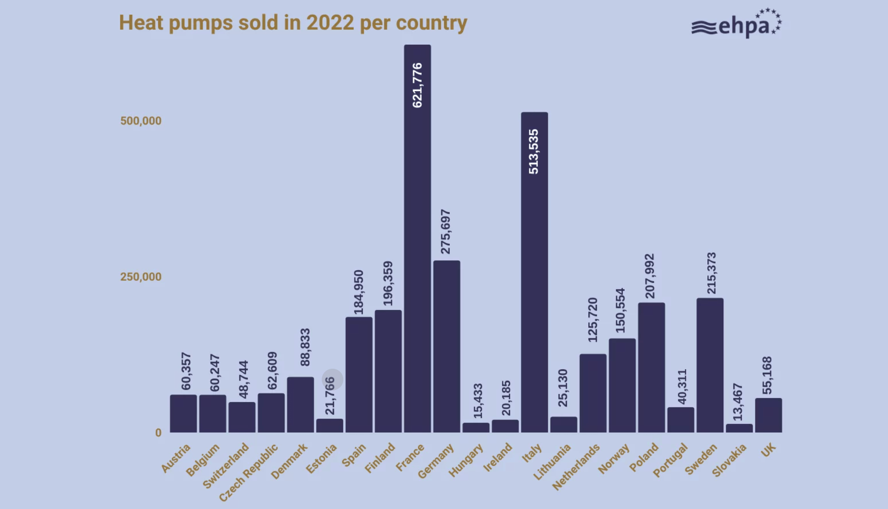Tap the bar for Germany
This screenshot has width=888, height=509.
(x=446, y=346)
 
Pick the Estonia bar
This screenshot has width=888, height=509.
(x=329, y=426)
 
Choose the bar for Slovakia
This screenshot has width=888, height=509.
(x=739, y=428)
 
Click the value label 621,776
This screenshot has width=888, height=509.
(x=417, y=85)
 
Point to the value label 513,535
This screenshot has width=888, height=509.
(x=533, y=152)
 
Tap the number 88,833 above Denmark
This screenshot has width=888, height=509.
(x=305, y=347)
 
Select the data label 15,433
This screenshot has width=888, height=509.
(x=478, y=401)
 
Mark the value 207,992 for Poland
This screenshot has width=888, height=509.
(x=649, y=276)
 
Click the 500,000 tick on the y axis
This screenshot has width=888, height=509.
(x=141, y=121)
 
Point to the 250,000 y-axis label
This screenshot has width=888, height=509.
(x=141, y=277)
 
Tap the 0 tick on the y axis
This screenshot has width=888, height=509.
(x=158, y=433)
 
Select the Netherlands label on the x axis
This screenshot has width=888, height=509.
(x=576, y=466)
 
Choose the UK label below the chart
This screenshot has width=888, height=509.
(x=768, y=450)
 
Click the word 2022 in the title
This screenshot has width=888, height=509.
(x=330, y=22)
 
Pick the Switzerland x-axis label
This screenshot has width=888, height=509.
(x=226, y=465)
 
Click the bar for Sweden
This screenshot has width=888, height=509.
(x=710, y=365)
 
